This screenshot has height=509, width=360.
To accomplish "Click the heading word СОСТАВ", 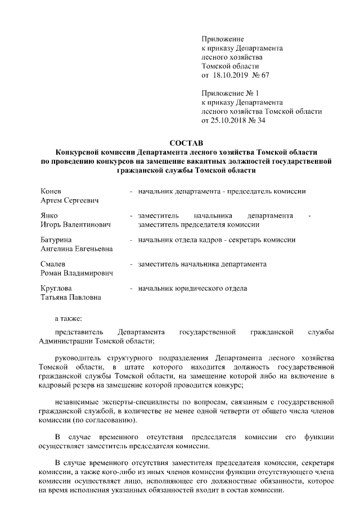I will click(x=186, y=143).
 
